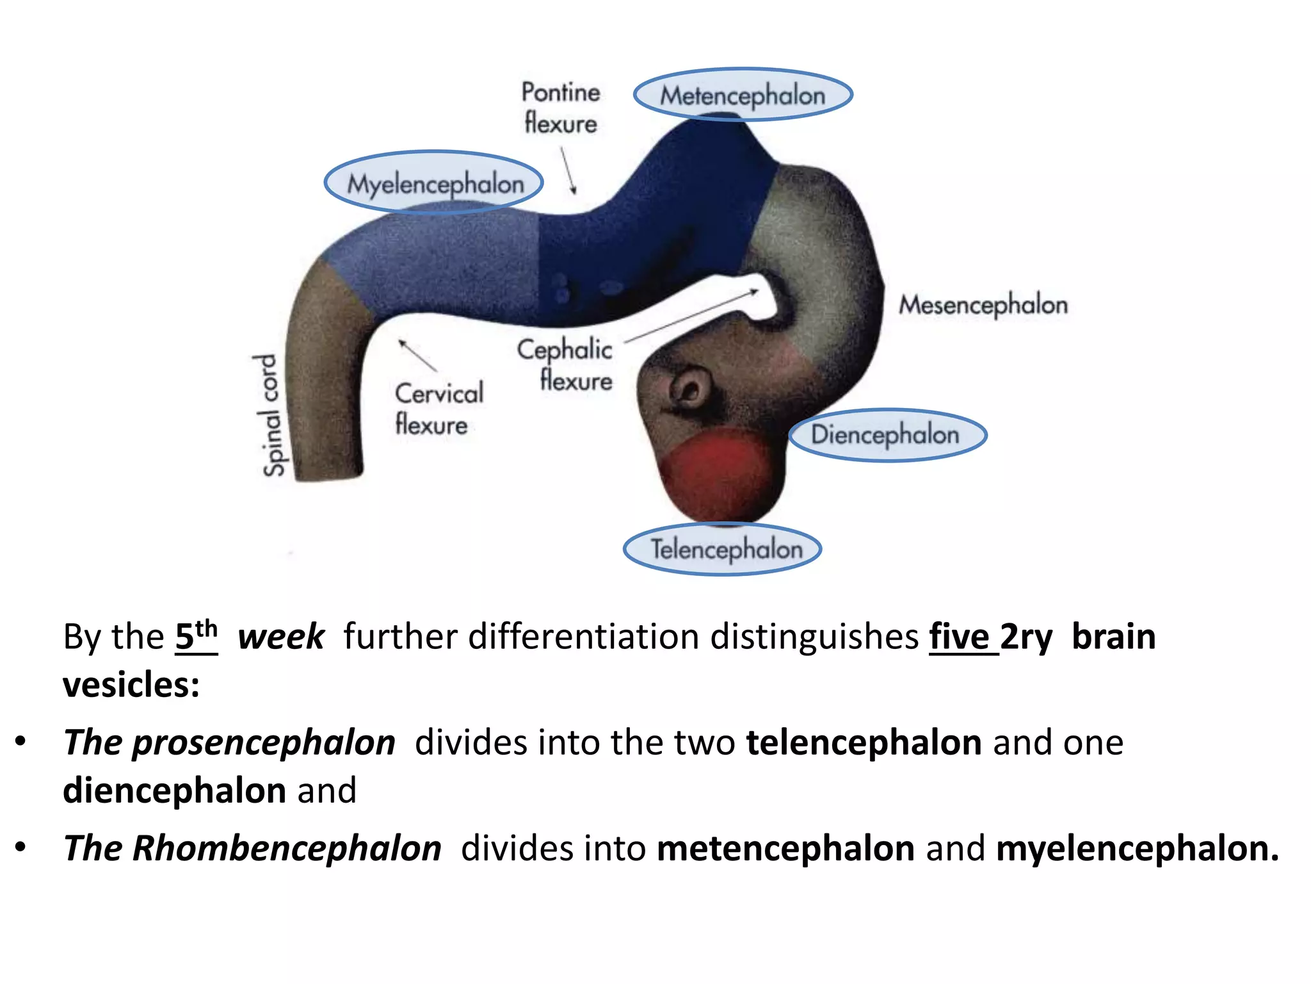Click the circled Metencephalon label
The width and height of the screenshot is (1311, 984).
[743, 95]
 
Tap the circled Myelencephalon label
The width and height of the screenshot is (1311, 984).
[435, 184]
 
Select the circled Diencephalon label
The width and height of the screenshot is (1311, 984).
[886, 435]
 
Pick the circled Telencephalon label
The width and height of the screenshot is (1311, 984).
[726, 549]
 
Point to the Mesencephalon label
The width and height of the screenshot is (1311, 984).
[983, 305]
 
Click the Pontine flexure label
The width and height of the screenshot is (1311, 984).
[561, 108]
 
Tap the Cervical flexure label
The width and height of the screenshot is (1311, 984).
[438, 409]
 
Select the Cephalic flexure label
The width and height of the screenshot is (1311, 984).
[566, 364]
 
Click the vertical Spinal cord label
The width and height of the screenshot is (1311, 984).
[271, 415]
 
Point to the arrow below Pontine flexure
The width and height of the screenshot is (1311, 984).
[568, 170]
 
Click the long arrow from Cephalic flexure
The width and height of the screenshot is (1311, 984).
[691, 316]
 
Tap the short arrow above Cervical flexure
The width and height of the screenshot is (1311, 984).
[417, 355]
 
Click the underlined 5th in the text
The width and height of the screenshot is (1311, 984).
[197, 636]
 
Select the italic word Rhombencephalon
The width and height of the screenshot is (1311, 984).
[287, 849]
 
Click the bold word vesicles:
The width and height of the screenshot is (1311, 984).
[131, 685]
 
